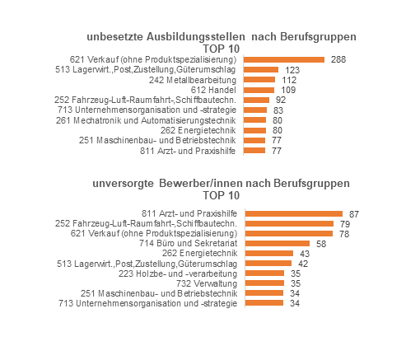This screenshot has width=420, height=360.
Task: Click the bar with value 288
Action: point(284,59)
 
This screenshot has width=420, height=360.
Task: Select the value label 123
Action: point(292,70)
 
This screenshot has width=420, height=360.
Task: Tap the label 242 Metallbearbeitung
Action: point(193,80)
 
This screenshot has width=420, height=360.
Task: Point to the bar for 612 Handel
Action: point(259,90)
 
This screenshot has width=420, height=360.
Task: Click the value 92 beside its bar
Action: point(281,100)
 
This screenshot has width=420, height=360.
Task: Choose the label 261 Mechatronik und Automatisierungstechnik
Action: point(146,120)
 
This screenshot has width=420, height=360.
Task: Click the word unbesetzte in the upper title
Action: point(114,37)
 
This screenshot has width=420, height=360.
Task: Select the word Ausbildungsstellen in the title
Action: point(195,37)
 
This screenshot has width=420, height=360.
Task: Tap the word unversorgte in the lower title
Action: point(123,184)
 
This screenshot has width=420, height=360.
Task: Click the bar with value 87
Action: point(294,214)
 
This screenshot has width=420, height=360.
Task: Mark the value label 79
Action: point(345,224)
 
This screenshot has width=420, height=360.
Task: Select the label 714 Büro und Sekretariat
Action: point(188,243)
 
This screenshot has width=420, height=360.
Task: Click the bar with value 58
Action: point(278,243)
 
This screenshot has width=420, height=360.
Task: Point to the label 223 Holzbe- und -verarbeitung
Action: point(178,274)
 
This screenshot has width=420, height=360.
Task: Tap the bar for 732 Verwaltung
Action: point(264,283)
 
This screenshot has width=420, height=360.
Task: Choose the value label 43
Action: point(305,254)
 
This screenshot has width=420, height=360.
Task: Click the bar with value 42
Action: point(268,264)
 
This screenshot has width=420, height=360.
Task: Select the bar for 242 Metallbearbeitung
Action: point(259,80)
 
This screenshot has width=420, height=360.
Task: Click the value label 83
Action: point(278,110)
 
